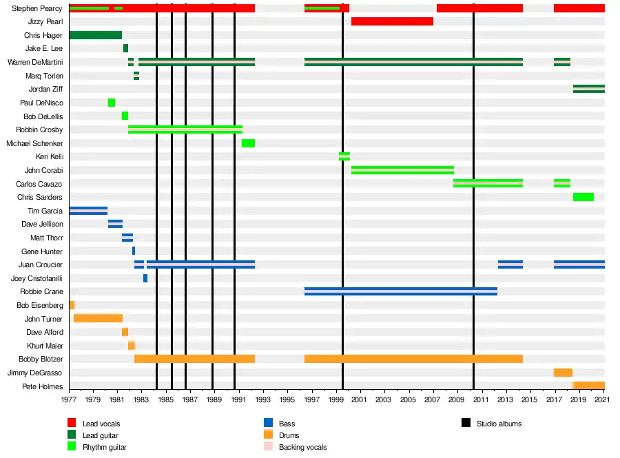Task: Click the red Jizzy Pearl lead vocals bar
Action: click(392, 21)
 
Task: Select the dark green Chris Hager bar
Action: click(96, 35)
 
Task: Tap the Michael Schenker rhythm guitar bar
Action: click(248, 143)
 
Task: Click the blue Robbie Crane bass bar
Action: click(401, 291)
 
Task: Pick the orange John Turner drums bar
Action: click(98, 318)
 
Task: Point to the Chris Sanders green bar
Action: click(583, 197)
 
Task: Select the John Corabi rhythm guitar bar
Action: click(402, 170)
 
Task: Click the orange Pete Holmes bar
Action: click(588, 386)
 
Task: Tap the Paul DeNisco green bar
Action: click(112, 103)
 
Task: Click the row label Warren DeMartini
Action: click(35, 62)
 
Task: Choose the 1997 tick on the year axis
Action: click(311, 399)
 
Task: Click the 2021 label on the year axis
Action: click(604, 399)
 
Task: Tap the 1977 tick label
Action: click(69, 399)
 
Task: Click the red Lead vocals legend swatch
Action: click(71, 423)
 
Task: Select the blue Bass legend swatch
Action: click(268, 423)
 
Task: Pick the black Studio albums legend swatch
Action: click(465, 423)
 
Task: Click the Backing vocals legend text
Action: click(302, 448)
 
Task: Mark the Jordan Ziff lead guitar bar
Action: click(588, 89)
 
